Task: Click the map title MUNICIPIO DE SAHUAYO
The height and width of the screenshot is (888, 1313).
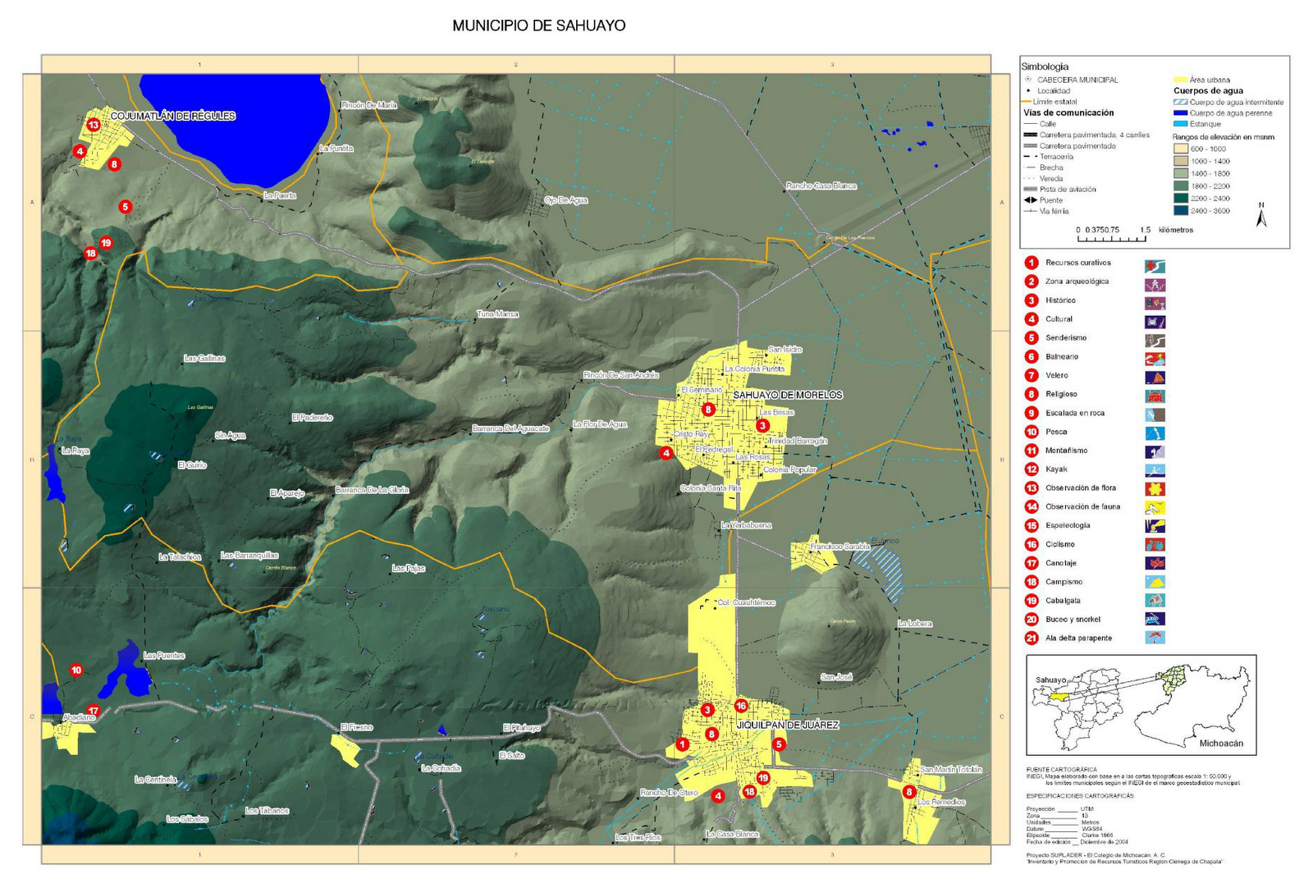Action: point(538,25)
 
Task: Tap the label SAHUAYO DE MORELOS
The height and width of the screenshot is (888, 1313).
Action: point(787,395)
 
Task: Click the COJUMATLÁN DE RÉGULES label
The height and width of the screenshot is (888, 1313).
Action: point(172,116)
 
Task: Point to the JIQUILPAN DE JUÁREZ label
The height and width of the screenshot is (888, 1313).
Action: point(787,725)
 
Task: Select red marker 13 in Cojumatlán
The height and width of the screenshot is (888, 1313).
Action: point(94,125)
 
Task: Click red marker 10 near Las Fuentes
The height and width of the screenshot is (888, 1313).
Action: point(76,670)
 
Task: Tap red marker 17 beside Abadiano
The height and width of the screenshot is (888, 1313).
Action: point(94,711)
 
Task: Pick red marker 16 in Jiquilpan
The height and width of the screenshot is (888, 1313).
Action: point(741,706)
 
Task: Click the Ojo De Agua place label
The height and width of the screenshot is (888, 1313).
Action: point(567,200)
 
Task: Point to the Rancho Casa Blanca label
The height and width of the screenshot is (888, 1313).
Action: point(821,185)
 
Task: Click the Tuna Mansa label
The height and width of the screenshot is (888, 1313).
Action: point(497,314)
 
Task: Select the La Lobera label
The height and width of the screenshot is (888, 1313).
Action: point(914,624)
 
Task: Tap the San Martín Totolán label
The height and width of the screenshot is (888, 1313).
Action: point(950,769)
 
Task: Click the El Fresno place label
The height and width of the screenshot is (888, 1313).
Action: point(356,727)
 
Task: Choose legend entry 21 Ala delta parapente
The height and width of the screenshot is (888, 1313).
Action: point(1078,638)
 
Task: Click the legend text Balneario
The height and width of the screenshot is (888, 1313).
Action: point(1062,356)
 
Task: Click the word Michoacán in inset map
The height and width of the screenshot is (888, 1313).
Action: point(1220,744)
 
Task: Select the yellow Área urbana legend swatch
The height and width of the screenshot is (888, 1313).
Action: point(1180,80)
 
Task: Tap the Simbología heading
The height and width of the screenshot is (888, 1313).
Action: point(1044,66)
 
